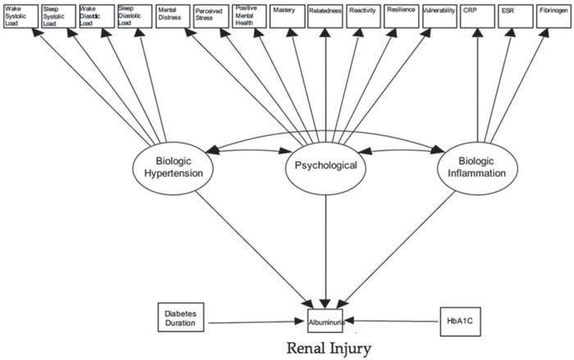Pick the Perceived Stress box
click(x=211, y=16)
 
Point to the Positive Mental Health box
click(x=249, y=16)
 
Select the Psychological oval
click(x=326, y=166)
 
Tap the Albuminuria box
click(x=327, y=322)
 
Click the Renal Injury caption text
click(x=326, y=349)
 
